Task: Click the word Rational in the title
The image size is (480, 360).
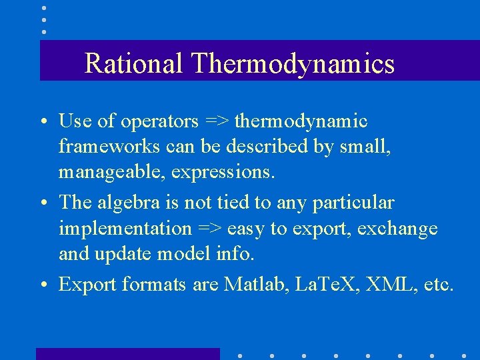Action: point(133,64)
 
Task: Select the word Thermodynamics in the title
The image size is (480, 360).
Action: point(293,64)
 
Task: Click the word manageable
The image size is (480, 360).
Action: point(109,173)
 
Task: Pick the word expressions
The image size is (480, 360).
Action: point(223,173)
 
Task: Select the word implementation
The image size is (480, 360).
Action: point(125,229)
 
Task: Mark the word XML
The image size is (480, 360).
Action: point(384,285)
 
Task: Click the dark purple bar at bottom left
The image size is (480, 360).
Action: point(127,353)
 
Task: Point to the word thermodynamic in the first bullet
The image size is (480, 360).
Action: point(301,121)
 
